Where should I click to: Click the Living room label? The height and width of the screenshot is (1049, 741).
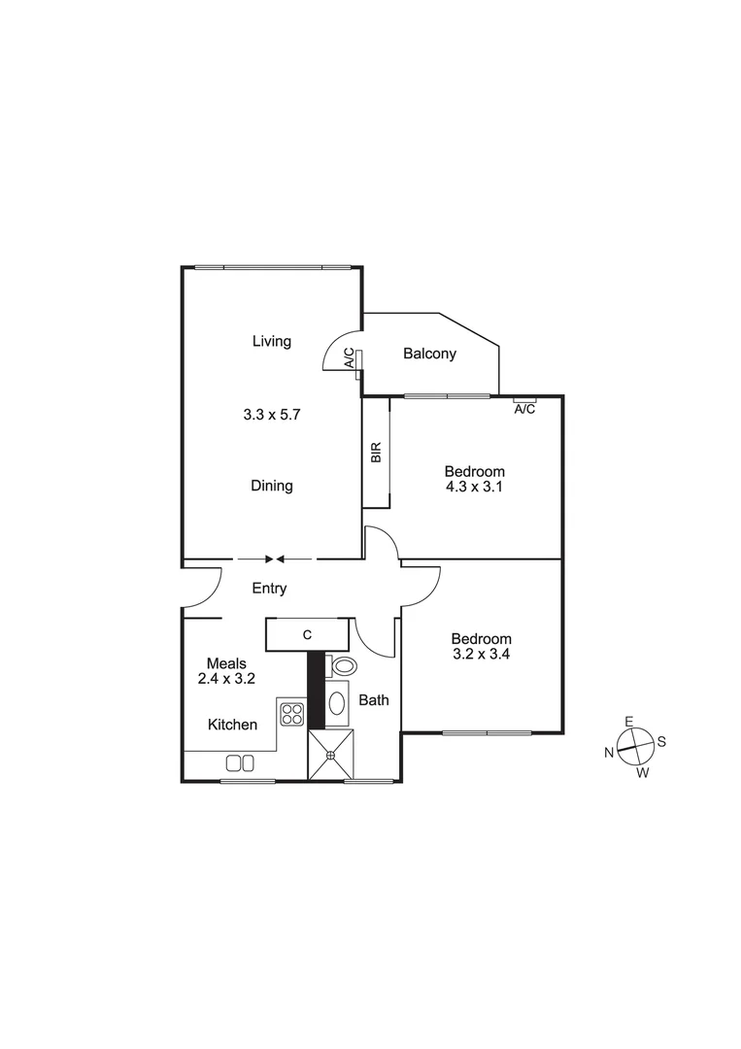(x=272, y=341)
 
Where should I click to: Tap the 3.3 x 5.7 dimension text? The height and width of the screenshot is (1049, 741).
(x=272, y=414)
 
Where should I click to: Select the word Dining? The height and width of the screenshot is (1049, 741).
(x=272, y=486)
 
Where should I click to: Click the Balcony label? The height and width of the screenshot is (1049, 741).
(x=429, y=354)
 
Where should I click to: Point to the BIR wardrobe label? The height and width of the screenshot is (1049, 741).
(x=376, y=453)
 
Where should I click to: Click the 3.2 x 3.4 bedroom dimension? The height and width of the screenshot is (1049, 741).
(x=481, y=656)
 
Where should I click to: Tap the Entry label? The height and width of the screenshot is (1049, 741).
(x=269, y=589)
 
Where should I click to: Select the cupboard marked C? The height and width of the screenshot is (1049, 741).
(x=307, y=634)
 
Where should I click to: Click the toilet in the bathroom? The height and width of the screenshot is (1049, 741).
(x=342, y=665)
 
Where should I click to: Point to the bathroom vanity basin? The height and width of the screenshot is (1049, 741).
(x=336, y=703)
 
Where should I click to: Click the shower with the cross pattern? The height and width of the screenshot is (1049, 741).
(x=331, y=755)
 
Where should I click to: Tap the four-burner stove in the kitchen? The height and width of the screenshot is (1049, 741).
(x=292, y=714)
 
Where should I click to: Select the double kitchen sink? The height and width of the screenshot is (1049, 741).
(x=240, y=763)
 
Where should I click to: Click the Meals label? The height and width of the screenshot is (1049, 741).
(x=226, y=663)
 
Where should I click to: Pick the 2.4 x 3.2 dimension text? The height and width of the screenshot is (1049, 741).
(x=226, y=680)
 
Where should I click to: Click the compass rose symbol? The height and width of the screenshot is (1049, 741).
(x=634, y=746)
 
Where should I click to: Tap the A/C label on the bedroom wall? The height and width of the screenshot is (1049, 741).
(x=523, y=409)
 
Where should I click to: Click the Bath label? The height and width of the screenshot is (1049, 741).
(x=375, y=699)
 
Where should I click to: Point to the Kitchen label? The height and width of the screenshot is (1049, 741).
(x=233, y=725)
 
